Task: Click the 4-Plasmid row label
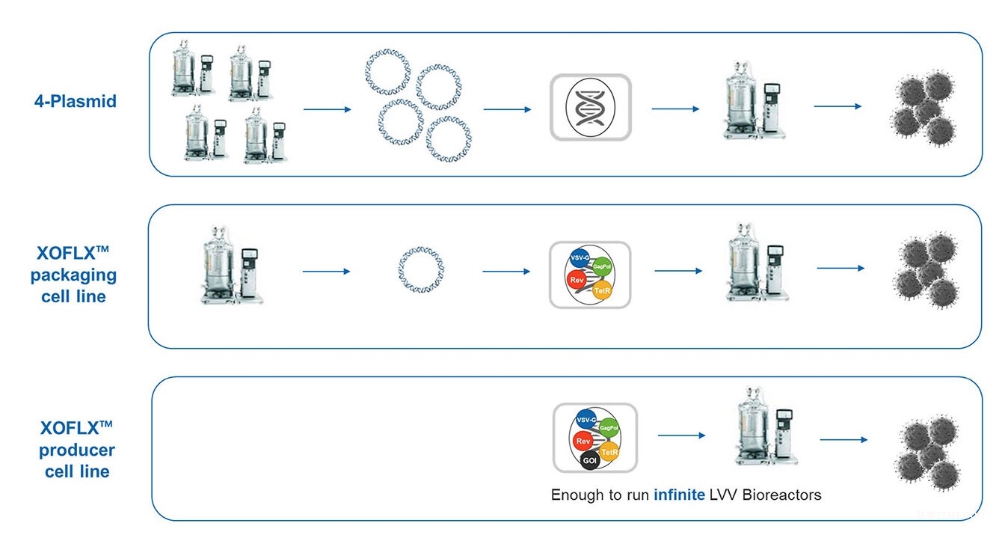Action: point(76,101)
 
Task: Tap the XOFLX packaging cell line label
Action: point(73,275)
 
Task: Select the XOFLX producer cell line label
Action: point(77,450)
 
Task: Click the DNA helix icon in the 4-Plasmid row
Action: point(590,108)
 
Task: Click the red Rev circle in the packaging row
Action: point(577,280)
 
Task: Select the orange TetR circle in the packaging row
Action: point(602,291)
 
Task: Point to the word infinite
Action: point(679,495)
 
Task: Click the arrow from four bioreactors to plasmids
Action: point(327,109)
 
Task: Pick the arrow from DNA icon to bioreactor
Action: point(675,108)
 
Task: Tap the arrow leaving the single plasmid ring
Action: point(505,271)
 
